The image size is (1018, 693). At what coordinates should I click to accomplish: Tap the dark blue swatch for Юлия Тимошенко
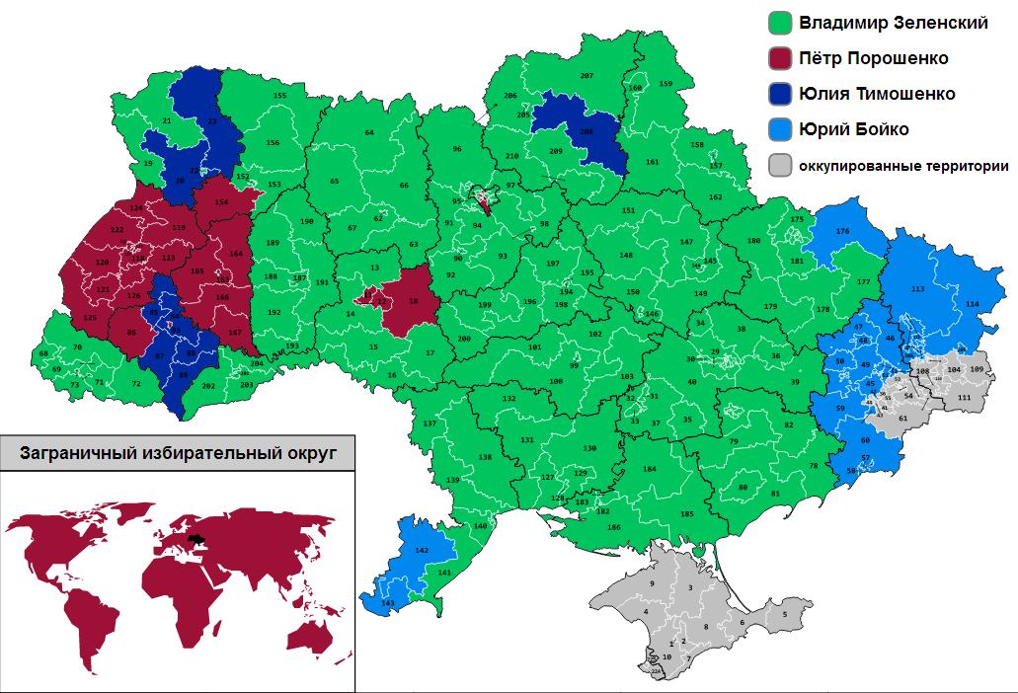pyautogui.click(x=782, y=95)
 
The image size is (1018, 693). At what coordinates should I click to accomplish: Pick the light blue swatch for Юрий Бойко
pyautogui.click(x=782, y=130)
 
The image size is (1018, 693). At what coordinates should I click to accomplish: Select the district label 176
pyautogui.click(x=842, y=231)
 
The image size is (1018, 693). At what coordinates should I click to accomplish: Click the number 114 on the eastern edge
pyautogui.click(x=973, y=303)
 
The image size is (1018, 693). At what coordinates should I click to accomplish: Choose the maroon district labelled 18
pyautogui.click(x=413, y=300)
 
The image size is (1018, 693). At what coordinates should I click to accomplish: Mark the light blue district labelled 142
pyautogui.click(x=421, y=549)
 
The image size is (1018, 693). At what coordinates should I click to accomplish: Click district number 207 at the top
pyautogui.click(x=586, y=76)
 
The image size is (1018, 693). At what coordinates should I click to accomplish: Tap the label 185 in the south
pyautogui.click(x=687, y=514)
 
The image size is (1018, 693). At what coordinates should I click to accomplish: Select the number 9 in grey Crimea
pyautogui.click(x=652, y=585)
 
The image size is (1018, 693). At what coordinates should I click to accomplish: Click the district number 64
pyautogui.click(x=369, y=132)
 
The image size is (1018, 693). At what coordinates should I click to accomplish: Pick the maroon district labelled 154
pyautogui.click(x=221, y=201)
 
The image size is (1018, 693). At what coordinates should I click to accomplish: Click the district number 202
pyautogui.click(x=207, y=385)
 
